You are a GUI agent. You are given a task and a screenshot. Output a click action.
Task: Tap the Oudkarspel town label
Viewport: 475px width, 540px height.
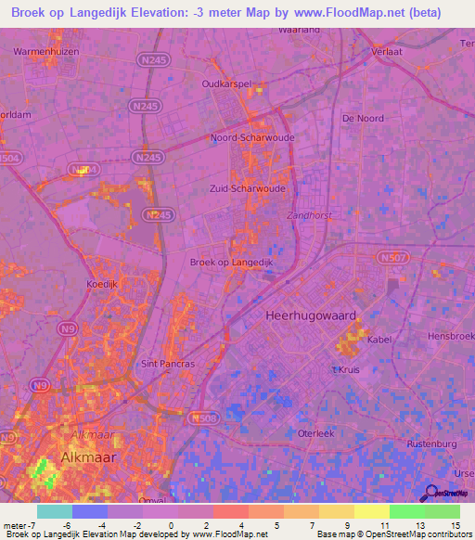(x=226, y=84)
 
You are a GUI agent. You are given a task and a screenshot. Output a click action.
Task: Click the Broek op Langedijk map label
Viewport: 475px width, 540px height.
(x=230, y=262)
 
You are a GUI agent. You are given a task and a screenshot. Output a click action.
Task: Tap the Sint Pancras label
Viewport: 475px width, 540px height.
(x=167, y=364)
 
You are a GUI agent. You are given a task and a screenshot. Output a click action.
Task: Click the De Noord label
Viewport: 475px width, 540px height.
(x=362, y=119)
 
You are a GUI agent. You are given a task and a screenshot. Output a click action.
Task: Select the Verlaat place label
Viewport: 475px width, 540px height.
(x=387, y=53)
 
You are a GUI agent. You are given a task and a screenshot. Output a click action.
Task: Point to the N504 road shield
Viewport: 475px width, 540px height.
(x=9, y=160)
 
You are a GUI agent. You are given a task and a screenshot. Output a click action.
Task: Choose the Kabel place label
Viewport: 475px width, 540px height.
(x=379, y=339)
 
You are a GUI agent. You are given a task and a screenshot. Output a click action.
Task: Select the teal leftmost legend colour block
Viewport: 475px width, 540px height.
(x=55, y=511)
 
